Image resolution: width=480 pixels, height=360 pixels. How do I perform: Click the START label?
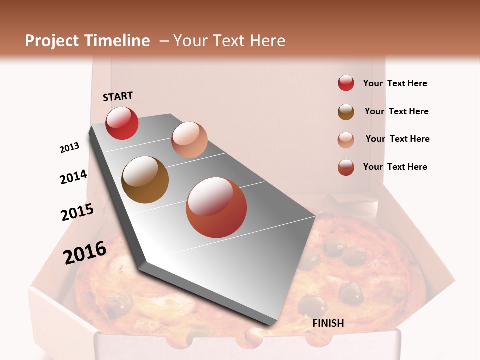coord(118,96)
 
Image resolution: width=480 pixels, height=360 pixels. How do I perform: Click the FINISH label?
coord(328,323)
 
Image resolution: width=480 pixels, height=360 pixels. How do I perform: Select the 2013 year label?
coord(69,148)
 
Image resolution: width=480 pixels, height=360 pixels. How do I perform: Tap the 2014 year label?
coord(73,177)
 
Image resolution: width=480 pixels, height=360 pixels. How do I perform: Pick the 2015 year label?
coord(77,212)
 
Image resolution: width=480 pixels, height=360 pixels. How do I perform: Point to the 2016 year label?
coord(85,252)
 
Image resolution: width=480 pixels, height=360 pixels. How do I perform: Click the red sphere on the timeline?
coord(122,123)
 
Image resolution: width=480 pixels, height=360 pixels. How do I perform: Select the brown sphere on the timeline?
coord(145,180)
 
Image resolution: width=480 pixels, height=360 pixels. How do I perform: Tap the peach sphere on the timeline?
coord(189,139)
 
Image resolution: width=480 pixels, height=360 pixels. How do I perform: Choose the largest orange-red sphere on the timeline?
coord(216,207)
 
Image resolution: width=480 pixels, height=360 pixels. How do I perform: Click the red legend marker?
coord(346,83)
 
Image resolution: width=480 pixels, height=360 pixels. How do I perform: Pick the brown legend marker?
coord(346,111)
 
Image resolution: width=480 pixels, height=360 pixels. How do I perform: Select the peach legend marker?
coord(346,139)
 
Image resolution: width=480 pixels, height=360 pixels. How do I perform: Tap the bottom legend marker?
coord(346,167)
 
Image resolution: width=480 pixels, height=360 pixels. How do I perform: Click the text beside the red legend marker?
coord(395,83)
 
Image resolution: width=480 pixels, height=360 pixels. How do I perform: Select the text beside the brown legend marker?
coord(396,111)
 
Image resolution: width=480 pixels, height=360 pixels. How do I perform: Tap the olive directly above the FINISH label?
coord(313,305)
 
